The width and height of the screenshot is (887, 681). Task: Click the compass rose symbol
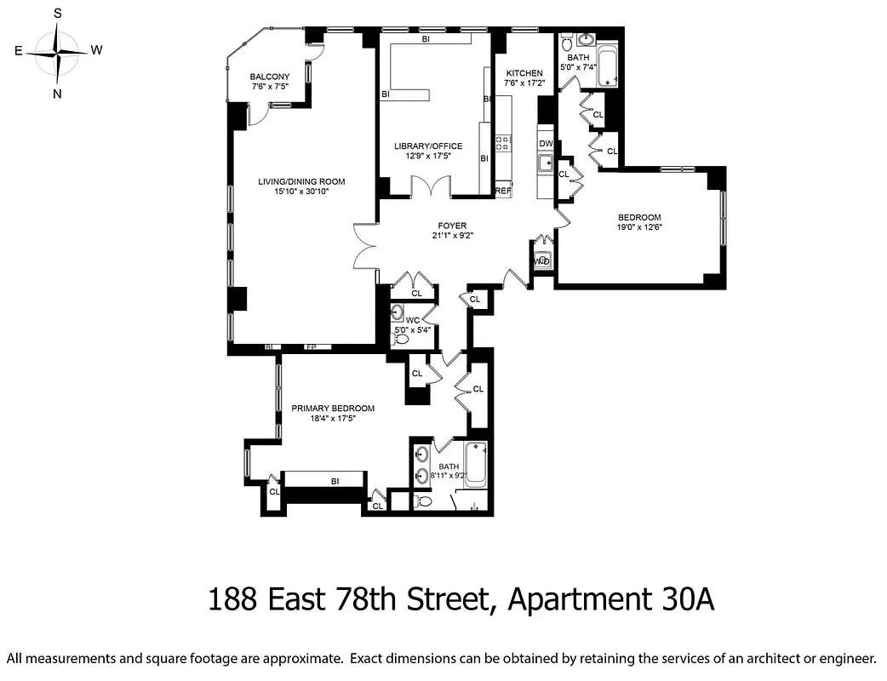tap(57, 52)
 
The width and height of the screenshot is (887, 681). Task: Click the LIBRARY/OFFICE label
tap(422, 146)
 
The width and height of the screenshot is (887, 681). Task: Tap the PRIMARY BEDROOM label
tap(333, 408)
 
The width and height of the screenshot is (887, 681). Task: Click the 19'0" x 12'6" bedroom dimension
tap(639, 227)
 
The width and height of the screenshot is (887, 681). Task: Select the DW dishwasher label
tap(546, 143)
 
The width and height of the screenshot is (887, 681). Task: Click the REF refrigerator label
tap(503, 191)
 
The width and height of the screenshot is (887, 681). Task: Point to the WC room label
tap(413, 320)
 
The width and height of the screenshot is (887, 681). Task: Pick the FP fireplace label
tap(311, 347)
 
